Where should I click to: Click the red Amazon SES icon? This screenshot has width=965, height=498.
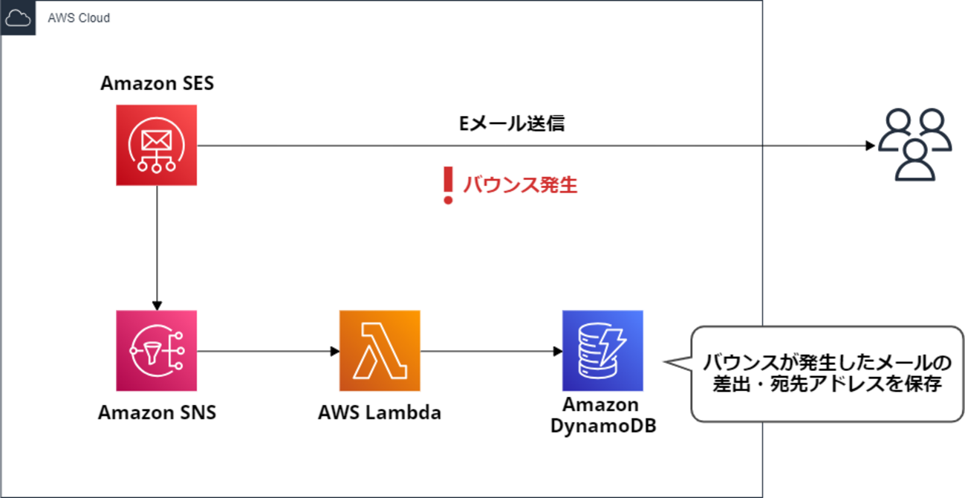(x=157, y=144)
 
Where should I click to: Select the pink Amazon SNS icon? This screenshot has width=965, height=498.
(x=157, y=350)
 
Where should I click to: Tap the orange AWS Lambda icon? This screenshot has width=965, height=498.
(x=380, y=350)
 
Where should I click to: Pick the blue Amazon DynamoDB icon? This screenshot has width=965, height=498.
(x=602, y=350)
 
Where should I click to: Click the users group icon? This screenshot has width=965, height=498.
(x=914, y=145)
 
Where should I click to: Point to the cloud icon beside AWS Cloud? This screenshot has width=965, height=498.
(x=18, y=18)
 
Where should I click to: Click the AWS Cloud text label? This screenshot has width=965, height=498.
(x=79, y=18)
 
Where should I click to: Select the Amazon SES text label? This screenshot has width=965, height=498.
(x=157, y=83)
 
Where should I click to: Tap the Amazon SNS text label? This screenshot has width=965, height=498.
(x=157, y=412)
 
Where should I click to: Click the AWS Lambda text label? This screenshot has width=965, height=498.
(x=380, y=412)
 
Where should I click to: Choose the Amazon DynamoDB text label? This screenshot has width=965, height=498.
(x=602, y=415)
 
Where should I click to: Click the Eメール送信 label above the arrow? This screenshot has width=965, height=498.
(x=512, y=123)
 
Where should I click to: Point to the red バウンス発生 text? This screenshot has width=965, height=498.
(x=520, y=185)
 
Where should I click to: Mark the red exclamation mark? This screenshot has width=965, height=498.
(x=447, y=185)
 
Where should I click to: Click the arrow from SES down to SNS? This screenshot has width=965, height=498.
(x=157, y=245)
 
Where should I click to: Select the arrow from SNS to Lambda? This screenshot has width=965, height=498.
(x=267, y=350)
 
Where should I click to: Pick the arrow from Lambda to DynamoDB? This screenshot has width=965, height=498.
(x=490, y=350)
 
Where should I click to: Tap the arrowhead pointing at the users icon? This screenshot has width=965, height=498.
(x=870, y=145)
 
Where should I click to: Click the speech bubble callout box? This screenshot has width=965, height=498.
(x=821, y=374)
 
